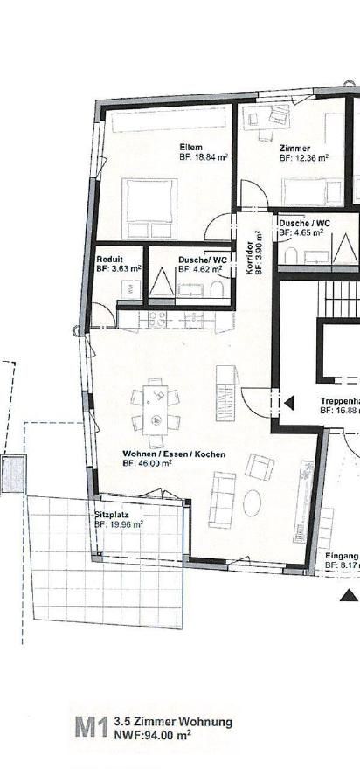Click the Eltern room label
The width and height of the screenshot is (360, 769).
(x=191, y=146)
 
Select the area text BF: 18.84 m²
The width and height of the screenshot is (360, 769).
(x=204, y=158)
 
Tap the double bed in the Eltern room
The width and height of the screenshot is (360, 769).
(x=151, y=207)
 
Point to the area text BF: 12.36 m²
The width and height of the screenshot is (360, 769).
(x=303, y=159)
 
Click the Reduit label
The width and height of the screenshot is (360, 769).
(x=109, y=260)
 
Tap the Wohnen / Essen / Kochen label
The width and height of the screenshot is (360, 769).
(x=163, y=454)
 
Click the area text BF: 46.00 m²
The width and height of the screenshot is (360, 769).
(x=147, y=464)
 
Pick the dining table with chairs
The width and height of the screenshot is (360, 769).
(x=156, y=408)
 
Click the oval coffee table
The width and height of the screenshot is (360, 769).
(x=253, y=503)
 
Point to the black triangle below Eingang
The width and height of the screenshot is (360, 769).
(x=349, y=595)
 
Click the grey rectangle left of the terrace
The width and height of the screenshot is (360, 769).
(x=13, y=475)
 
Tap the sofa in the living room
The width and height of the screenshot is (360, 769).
(x=223, y=499)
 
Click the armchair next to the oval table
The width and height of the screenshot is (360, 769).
(x=259, y=467)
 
